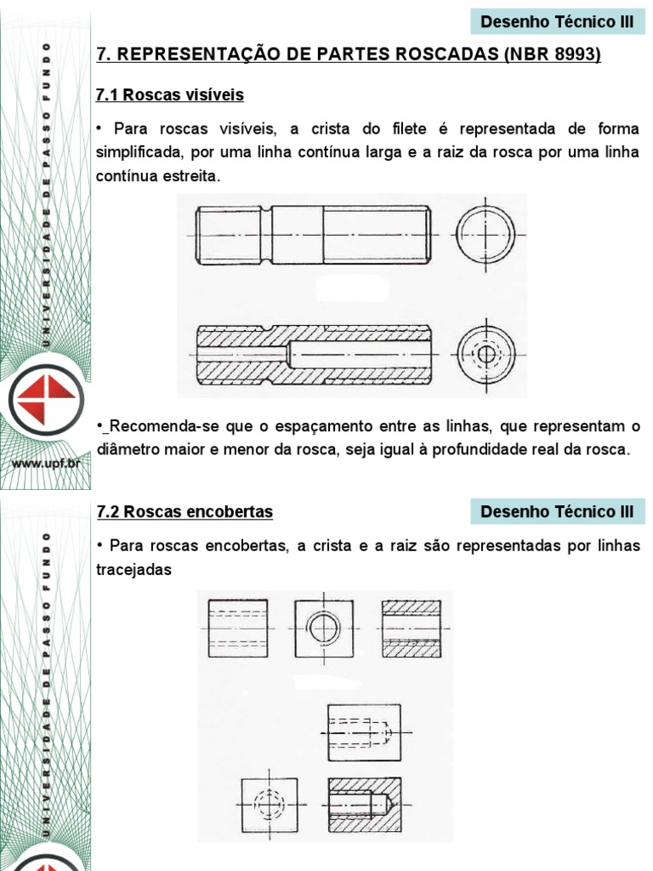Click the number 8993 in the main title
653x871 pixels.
point(573,54)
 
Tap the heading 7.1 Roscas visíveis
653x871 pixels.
point(170,94)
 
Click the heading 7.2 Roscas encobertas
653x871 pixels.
point(185,511)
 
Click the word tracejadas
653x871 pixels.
point(134,569)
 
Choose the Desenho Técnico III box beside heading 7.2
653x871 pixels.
point(557,511)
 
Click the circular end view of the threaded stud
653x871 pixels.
point(486,234)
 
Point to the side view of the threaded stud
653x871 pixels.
point(313,235)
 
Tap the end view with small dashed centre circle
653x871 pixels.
point(486,351)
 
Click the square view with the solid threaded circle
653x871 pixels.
point(324,629)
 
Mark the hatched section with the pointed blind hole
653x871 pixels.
point(364,804)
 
